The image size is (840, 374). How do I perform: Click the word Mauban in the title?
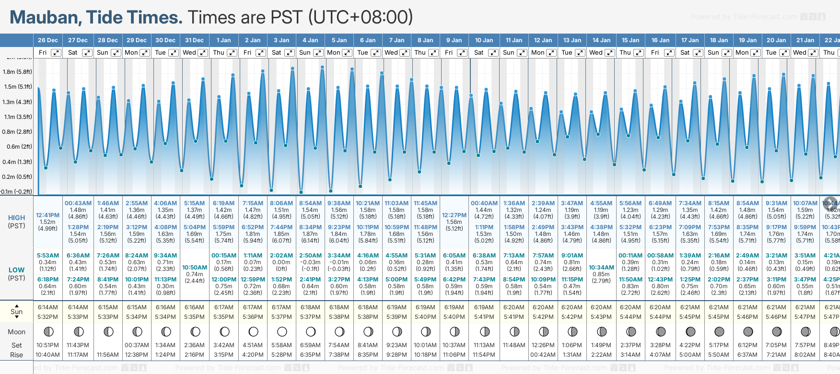[46, 18]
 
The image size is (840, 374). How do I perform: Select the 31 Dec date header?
[194, 40]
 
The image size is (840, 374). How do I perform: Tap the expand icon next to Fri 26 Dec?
[56, 53]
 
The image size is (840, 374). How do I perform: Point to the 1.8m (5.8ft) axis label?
[17, 72]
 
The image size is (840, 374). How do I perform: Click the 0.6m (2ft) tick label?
[17, 147]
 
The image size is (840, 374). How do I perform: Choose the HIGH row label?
[16, 218]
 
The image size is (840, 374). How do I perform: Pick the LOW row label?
[16, 270]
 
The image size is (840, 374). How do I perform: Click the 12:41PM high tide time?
[48, 215]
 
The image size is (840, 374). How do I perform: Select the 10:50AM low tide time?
[195, 268]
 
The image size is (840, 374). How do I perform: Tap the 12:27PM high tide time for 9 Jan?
[454, 215]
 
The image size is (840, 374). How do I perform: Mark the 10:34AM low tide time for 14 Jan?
[601, 268]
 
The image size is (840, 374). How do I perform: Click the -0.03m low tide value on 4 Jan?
[310, 262]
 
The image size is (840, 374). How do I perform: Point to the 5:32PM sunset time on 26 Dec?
[48, 317]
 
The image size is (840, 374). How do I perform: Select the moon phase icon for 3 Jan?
[282, 331]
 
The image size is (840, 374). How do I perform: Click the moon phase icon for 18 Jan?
[719, 331]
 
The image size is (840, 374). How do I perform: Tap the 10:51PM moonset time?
[48, 345]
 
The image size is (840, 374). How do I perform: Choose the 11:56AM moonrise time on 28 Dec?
[108, 355]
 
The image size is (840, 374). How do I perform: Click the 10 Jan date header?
[484, 40]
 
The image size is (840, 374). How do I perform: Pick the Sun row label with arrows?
[16, 312]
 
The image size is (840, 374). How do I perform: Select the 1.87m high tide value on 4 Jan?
[310, 234]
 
